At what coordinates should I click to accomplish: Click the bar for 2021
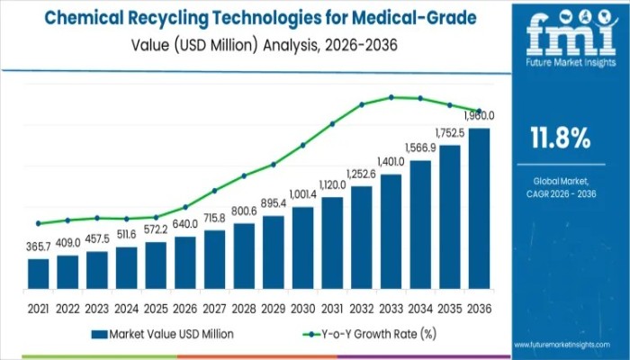click(38, 274)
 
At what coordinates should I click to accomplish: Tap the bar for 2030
click(302, 247)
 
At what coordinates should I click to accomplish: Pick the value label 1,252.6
click(362, 173)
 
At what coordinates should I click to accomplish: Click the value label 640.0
click(185, 224)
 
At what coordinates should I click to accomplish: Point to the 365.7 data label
click(38, 246)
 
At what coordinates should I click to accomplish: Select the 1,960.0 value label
click(479, 116)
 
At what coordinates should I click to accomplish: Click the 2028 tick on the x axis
click(244, 308)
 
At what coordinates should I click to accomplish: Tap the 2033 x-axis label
click(391, 308)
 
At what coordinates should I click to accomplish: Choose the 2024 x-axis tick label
click(126, 308)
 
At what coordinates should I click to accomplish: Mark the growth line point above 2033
click(391, 97)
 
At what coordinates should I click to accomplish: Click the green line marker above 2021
click(38, 223)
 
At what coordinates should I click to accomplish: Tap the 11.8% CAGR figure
click(561, 139)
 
